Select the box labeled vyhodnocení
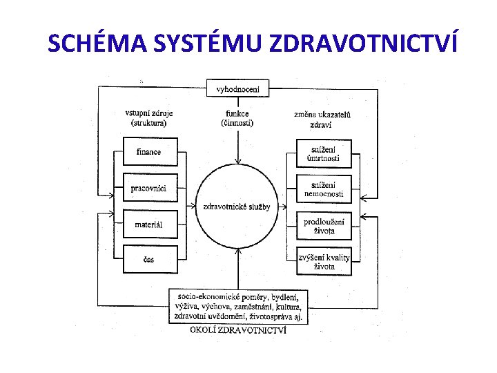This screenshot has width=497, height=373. tap(238, 89)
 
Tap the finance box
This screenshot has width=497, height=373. tap(150, 152)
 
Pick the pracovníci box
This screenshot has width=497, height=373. tap(150, 188)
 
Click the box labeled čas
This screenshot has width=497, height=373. tap(150, 259)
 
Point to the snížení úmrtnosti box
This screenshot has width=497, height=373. tap(324, 153)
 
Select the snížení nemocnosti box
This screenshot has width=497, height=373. tap(324, 189)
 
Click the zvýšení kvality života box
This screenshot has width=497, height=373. tap(324, 260)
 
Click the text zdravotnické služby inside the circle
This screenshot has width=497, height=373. tap(237, 206)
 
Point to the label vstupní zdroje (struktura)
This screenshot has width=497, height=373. tap(149, 118)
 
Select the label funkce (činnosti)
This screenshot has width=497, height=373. tap(237, 118)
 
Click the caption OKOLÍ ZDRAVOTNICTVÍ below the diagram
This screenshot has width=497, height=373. tap(238, 330)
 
